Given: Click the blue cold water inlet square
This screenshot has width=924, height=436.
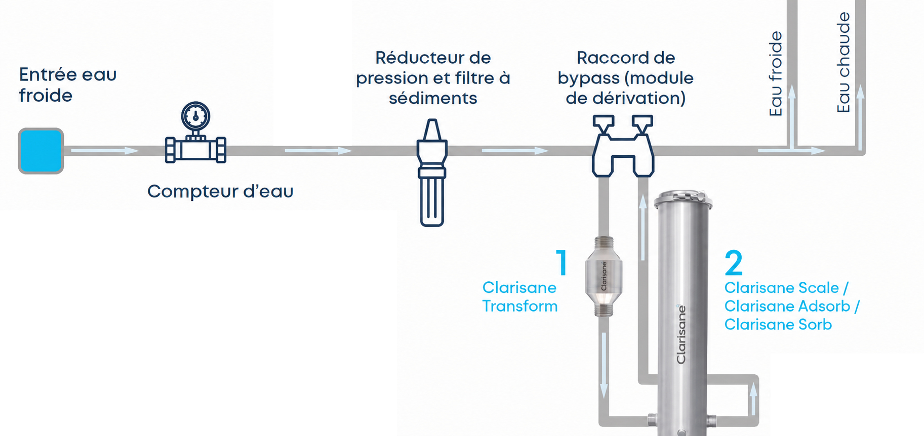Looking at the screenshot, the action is click(41, 151).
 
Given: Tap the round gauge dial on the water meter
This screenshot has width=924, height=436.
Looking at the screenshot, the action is click(195, 116).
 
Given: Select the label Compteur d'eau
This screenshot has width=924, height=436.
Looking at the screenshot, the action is click(220, 191).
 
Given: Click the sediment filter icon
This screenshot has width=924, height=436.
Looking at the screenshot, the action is click(432, 172).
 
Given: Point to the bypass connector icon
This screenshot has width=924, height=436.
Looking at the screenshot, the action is click(623, 146).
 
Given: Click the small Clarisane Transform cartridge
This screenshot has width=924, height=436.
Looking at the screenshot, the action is click(604, 276).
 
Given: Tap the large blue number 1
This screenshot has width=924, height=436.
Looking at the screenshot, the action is click(561, 262).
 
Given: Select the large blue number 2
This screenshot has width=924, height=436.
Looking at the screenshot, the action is click(734, 263).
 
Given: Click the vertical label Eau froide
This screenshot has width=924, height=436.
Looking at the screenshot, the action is click(776, 74).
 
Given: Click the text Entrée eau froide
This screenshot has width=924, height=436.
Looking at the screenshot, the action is click(68, 85).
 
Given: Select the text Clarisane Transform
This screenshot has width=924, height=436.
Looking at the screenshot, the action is click(520, 297).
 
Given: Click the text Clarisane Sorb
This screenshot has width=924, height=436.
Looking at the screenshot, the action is click(778, 324).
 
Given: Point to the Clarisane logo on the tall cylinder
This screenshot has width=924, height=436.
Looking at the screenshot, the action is click(681, 334).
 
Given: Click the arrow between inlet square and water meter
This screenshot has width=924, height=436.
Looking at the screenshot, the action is click(105, 150).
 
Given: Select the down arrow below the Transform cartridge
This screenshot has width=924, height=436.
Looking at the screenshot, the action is click(604, 365).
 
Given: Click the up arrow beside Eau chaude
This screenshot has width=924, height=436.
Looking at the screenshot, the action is click(860, 117).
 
